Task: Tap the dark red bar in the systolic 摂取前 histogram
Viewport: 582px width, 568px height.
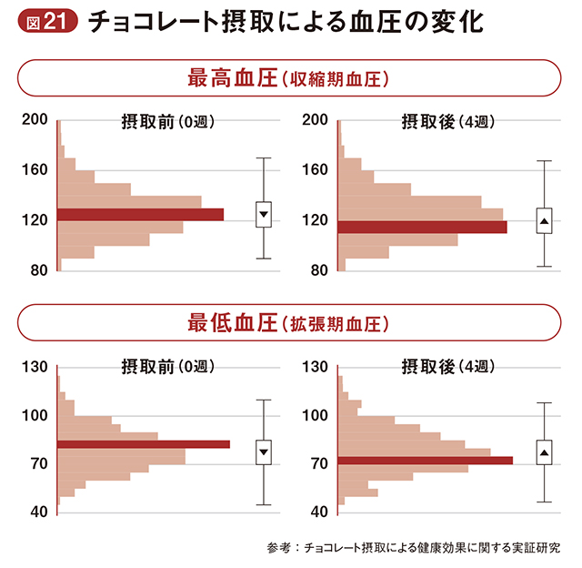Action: pyautogui.click(x=140, y=215)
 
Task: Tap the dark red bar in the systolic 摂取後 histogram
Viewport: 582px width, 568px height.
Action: pyautogui.click(x=422, y=227)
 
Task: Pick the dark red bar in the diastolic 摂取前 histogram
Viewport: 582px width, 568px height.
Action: pyautogui.click(x=144, y=444)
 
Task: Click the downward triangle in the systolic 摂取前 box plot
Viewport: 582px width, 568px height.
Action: pyautogui.click(x=264, y=215)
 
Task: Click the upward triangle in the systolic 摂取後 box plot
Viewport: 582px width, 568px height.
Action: pyautogui.click(x=545, y=221)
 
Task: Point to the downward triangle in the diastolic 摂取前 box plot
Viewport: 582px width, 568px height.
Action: pyautogui.click(x=264, y=451)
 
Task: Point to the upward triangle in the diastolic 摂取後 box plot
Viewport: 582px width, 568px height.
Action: pyautogui.click(x=545, y=452)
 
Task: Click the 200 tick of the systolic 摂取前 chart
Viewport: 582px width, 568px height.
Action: pyautogui.click(x=35, y=119)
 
